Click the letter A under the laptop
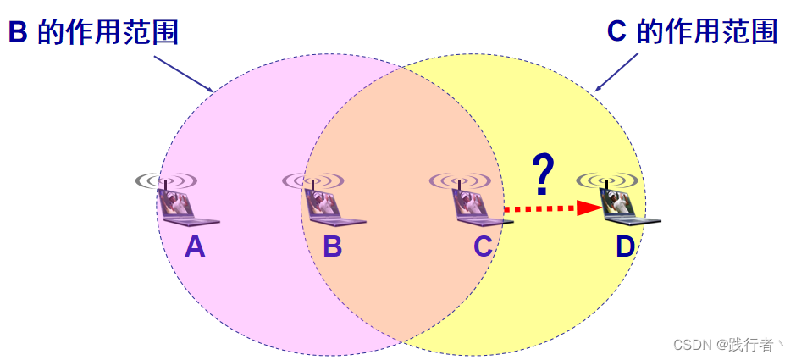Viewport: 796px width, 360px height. point(195,246)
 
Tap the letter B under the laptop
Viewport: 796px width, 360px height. point(332,246)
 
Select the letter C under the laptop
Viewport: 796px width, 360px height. point(483,246)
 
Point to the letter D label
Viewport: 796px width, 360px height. point(625,246)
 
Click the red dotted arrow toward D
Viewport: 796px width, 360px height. point(542,208)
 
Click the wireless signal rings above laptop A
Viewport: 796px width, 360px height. point(166,180)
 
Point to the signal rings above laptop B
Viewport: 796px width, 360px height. point(312,180)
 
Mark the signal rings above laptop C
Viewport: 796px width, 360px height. point(460,180)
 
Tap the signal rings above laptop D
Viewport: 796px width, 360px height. point(606,180)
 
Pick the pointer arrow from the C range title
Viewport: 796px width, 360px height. point(616,72)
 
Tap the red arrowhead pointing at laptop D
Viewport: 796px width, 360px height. point(589,208)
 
